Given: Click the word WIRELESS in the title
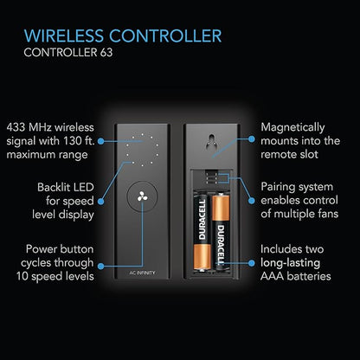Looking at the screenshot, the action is pyautogui.click(x=64, y=35).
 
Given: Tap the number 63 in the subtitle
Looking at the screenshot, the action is pyautogui.click(x=106, y=53).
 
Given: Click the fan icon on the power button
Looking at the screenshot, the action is pyautogui.click(x=142, y=196).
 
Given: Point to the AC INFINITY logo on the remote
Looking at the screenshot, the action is pyautogui.click(x=142, y=273).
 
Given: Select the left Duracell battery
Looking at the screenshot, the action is pyautogui.click(x=202, y=233).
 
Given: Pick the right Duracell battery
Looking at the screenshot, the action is pyautogui.click(x=221, y=232).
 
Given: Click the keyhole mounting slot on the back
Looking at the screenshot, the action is pyautogui.click(x=212, y=142).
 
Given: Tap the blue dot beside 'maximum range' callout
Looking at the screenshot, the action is pyautogui.click(x=100, y=141).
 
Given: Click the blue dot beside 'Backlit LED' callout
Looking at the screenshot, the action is pyautogui.click(x=100, y=201).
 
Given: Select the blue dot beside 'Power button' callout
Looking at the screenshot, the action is pyautogui.click(x=100, y=266).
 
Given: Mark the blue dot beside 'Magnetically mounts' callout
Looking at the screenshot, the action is pyautogui.click(x=252, y=139).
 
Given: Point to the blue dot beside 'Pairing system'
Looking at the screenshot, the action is pyautogui.click(x=252, y=201).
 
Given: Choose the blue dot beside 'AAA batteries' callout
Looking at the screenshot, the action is pyautogui.click(x=252, y=263).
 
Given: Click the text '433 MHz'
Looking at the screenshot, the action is pyautogui.click(x=29, y=127).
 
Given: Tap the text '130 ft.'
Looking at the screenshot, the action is pyautogui.click(x=77, y=141).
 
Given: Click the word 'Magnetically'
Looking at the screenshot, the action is pyautogui.click(x=292, y=128).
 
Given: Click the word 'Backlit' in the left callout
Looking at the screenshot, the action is pyautogui.click(x=53, y=188).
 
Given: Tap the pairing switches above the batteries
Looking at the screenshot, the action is pyautogui.click(x=211, y=177).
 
